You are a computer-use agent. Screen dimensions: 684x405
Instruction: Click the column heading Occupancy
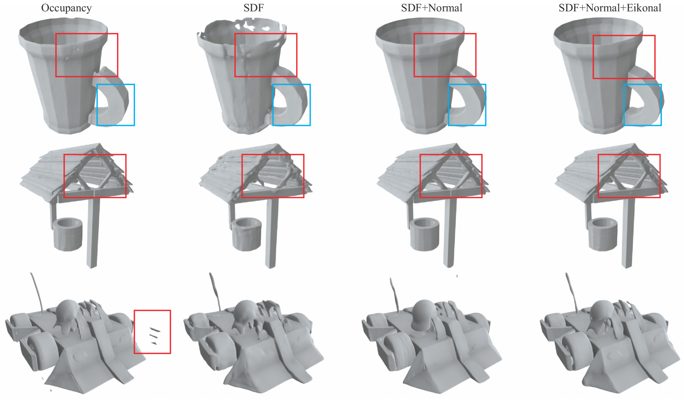tap(66, 8)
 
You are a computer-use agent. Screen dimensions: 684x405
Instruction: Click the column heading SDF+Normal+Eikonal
tap(610, 8)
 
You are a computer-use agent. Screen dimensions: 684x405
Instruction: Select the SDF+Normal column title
tap(432, 8)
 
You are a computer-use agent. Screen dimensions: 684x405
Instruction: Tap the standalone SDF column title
tap(253, 8)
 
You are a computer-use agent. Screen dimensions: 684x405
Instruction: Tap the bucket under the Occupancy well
tap(68, 234)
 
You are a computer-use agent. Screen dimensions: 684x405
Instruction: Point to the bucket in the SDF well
tap(246, 234)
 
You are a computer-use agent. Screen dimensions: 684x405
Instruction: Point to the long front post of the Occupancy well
tap(93, 233)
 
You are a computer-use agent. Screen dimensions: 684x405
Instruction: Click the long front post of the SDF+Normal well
tap(449, 233)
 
